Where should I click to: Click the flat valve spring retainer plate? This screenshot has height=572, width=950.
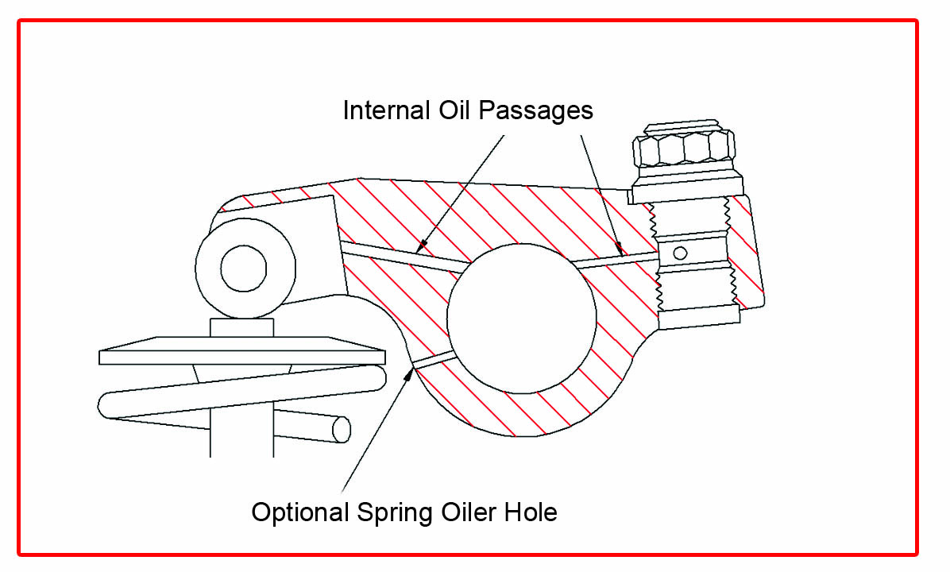pyautogui.click(x=242, y=350)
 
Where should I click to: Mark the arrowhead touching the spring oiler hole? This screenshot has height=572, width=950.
pyautogui.click(x=411, y=370)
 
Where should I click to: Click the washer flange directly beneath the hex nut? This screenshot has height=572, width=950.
pyautogui.click(x=687, y=188)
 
